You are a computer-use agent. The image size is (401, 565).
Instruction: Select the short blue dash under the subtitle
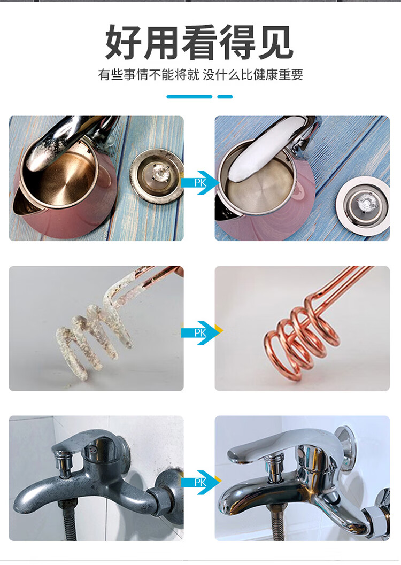pyautogui.click(x=225, y=97)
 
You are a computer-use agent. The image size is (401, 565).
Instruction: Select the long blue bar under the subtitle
pyautogui.click(x=189, y=97)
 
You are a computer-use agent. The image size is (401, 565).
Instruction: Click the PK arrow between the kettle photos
pyautogui.click(x=200, y=183)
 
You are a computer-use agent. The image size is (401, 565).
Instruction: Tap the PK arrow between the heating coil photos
pyautogui.click(x=201, y=332)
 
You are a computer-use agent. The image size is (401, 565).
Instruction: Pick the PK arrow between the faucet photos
pyautogui.click(x=201, y=482)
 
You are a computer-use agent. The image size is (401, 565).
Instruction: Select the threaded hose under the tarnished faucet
pyautogui.click(x=68, y=522)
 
